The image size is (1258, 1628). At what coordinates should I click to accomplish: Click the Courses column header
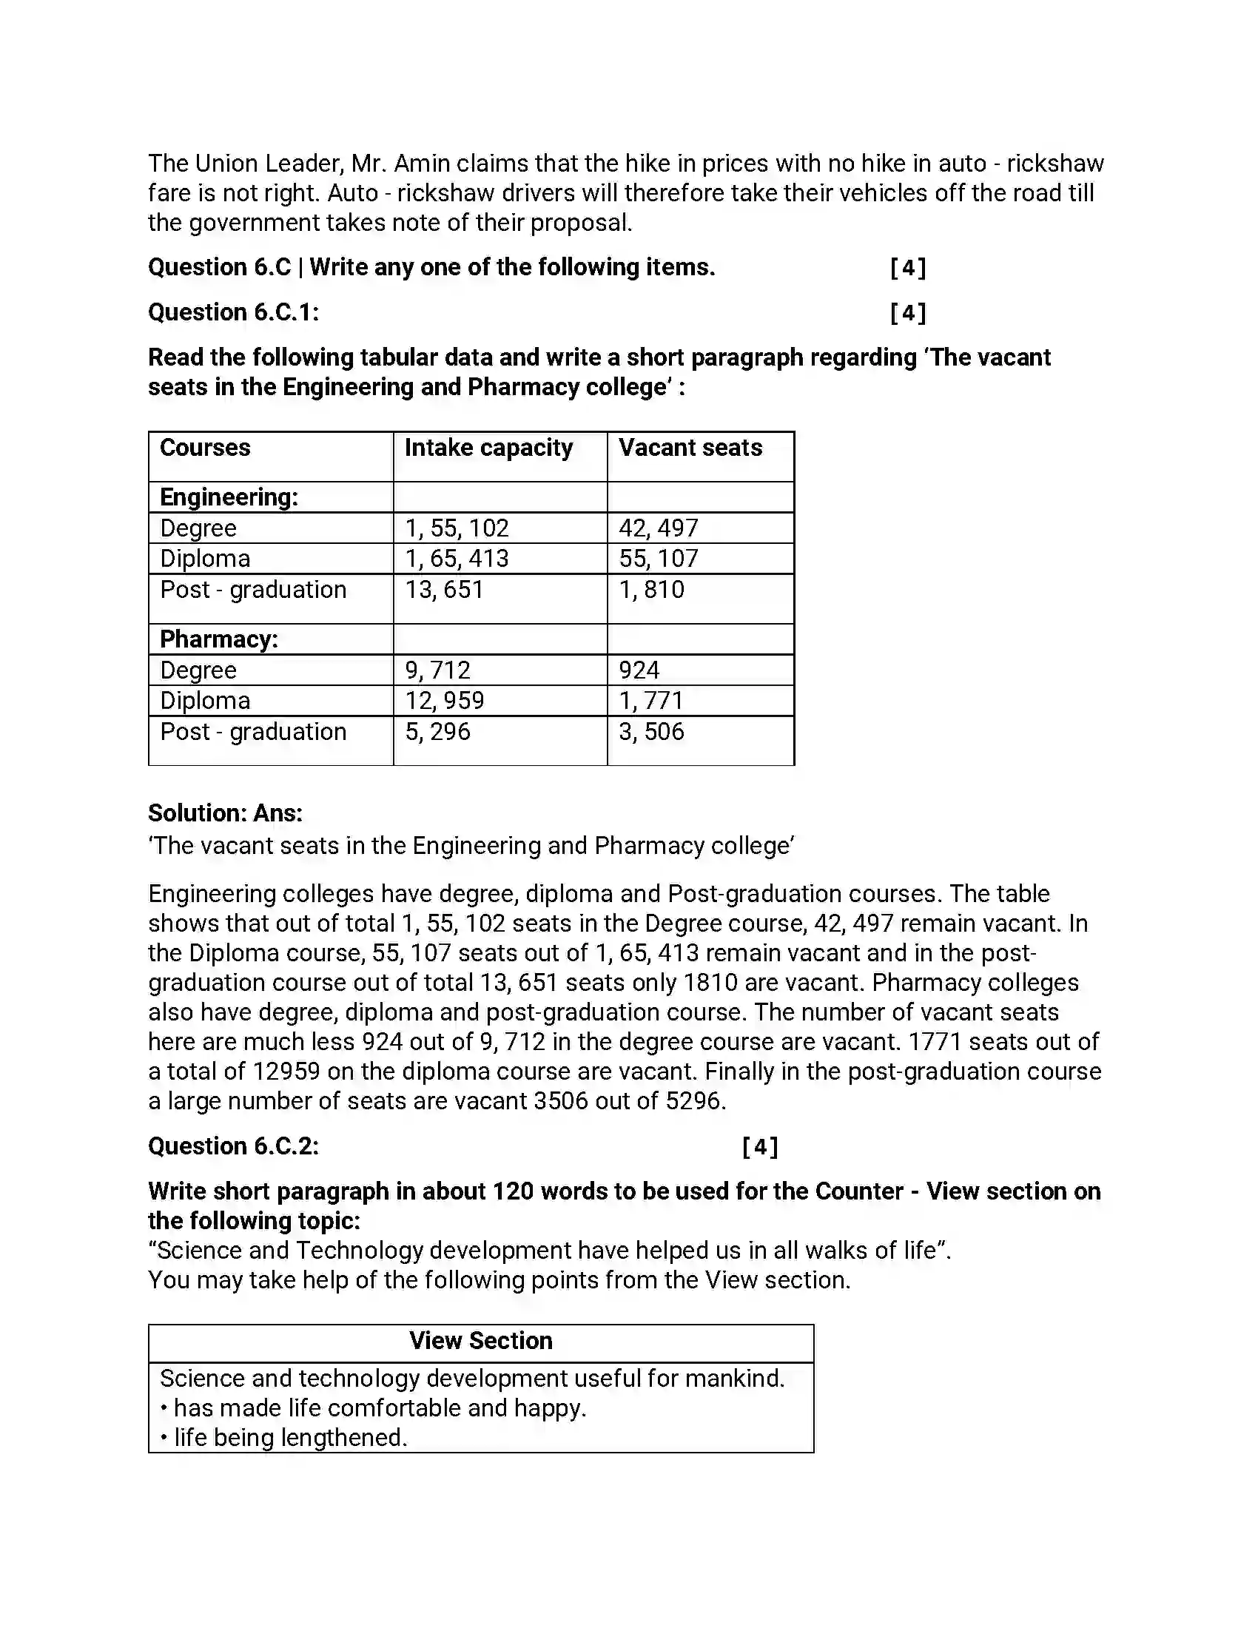click(205, 448)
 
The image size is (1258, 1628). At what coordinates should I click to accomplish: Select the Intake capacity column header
click(488, 448)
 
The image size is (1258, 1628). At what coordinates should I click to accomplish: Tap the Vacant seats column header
click(690, 448)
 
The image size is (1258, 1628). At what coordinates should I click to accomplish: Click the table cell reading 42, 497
click(658, 528)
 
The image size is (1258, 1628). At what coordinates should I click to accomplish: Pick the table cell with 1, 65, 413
click(456, 559)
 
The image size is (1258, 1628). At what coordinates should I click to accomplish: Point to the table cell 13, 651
click(444, 591)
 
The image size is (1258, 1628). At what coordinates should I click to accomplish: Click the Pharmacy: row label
click(218, 639)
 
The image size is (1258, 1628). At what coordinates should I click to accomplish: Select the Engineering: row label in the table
click(229, 497)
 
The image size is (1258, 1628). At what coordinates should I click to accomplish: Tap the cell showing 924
click(639, 671)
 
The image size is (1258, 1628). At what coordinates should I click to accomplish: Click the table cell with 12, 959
click(444, 702)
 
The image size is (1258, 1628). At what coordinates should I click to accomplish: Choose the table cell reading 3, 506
click(650, 732)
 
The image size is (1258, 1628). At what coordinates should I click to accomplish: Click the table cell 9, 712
click(437, 671)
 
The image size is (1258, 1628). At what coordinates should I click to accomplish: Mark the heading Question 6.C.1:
click(233, 312)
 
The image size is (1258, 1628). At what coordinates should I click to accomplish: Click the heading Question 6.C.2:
click(233, 1146)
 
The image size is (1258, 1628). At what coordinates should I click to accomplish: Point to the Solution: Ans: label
click(225, 813)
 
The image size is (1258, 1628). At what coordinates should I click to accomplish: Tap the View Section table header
click(481, 1341)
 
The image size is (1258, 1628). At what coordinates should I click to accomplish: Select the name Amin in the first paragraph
click(421, 164)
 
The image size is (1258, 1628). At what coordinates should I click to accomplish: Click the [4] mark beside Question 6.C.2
click(759, 1146)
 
